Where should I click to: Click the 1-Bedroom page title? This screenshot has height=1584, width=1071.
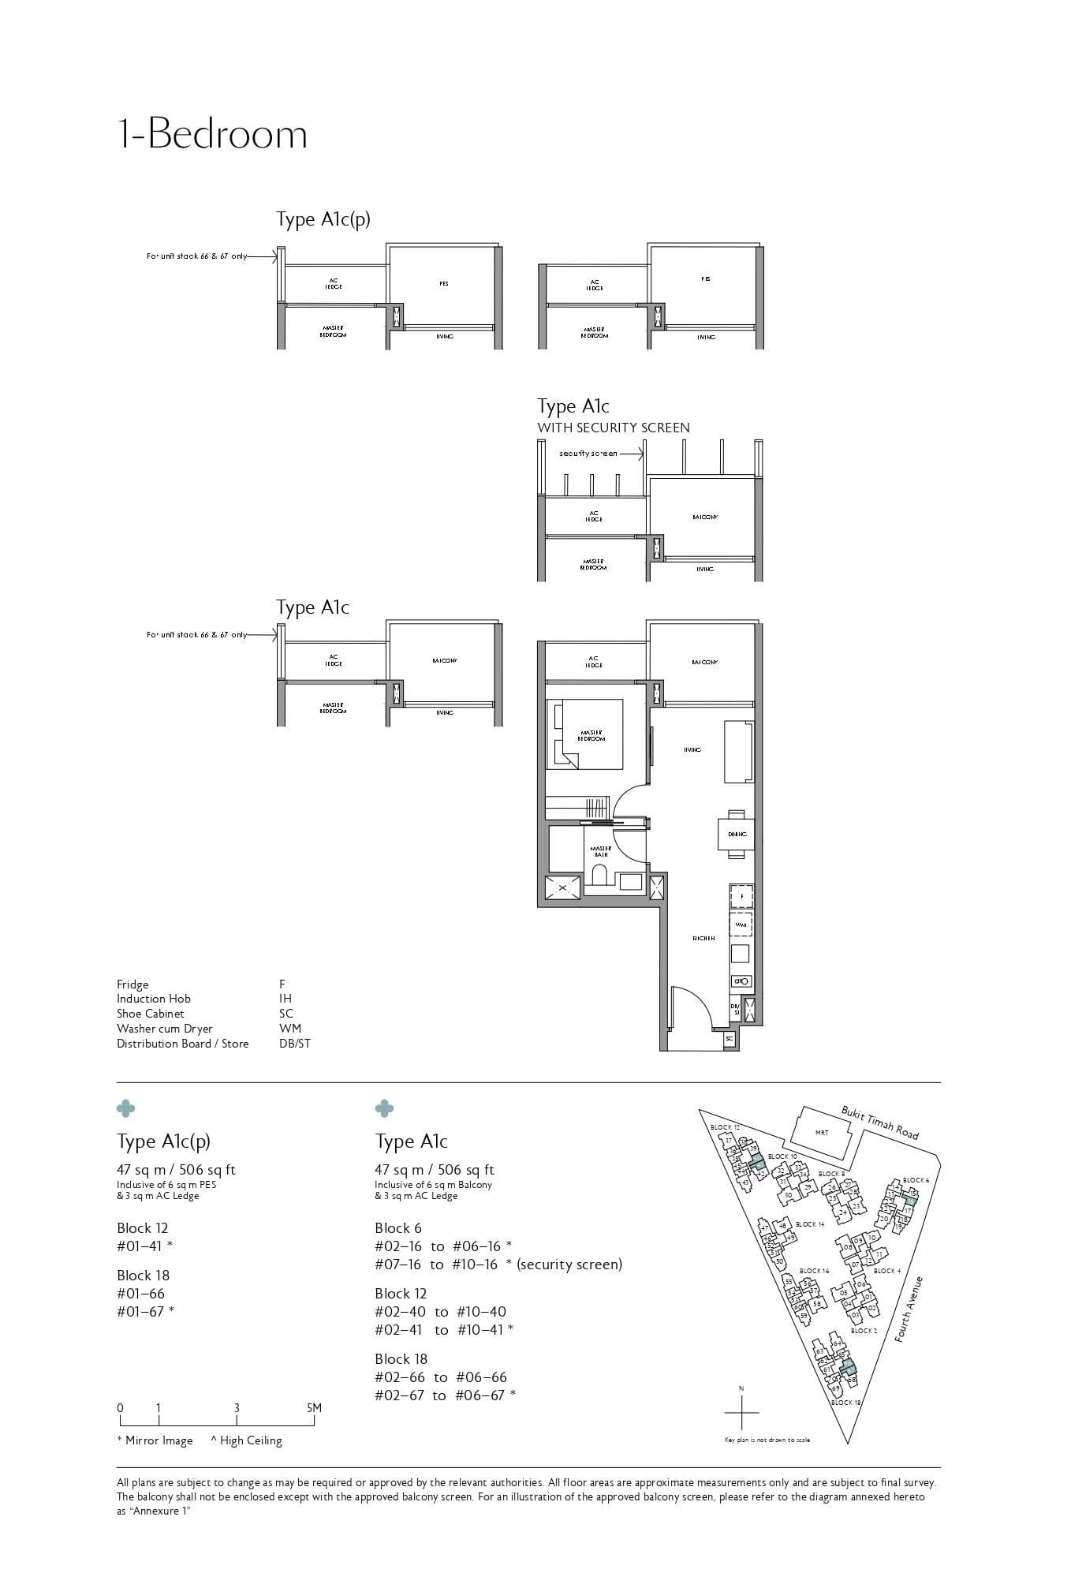pos(211,134)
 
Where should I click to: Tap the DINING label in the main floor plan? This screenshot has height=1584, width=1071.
pos(737,834)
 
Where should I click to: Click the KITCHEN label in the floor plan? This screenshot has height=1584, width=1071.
pos(703,938)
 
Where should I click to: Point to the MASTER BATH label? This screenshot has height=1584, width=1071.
pos(600,851)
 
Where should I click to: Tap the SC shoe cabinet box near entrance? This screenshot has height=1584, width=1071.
pos(729,1039)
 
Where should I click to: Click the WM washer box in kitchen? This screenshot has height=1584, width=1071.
pos(741,924)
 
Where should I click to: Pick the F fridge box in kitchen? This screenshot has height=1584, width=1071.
pos(741,897)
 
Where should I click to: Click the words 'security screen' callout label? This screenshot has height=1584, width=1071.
pos(588,454)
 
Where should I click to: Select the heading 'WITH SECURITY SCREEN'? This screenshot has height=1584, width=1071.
pos(613,428)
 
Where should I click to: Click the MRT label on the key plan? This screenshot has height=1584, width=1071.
pos(822,1133)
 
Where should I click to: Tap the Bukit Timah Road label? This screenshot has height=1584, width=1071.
pos(879,1123)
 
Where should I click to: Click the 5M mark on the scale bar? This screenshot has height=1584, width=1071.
pos(313,1407)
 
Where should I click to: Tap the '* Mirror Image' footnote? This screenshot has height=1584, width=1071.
pos(155,1440)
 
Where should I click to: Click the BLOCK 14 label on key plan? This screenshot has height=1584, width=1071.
pos(809,1224)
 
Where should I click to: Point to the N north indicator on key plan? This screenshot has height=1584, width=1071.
pos(741,1388)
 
